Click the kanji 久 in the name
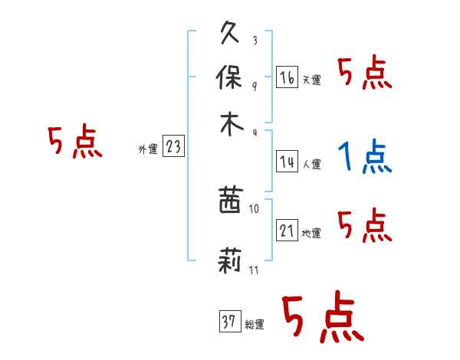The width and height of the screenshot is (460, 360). pos(231,35)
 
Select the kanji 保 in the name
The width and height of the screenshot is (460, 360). pos(231,78)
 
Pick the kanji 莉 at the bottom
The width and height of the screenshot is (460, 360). pos(231,263)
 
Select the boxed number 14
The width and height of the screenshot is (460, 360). pos(287,162)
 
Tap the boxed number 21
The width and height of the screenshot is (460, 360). pos(287,231)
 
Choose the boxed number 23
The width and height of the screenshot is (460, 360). pos(173,147)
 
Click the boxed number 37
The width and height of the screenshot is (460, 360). pos(228,322)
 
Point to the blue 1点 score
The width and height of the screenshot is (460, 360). pos(365,159)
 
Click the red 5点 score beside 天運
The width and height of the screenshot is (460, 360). pos(365,74)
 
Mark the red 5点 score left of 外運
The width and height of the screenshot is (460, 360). pos(75,143)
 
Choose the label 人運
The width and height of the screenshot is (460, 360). pos(312,164)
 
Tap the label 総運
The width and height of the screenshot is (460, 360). pos(254,325)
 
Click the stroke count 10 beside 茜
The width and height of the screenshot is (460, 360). pos(254,208)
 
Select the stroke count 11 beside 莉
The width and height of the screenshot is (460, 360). pos(254,270)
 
